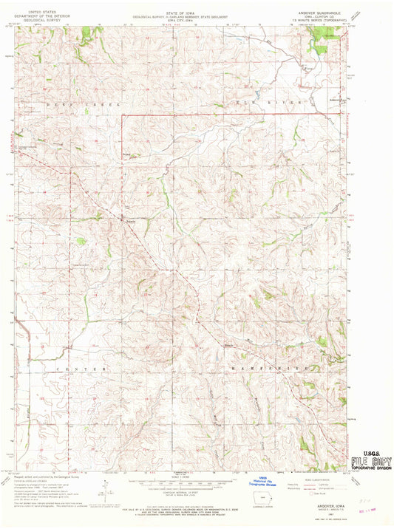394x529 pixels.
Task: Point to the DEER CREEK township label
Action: point(54,104)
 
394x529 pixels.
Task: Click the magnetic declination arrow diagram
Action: point(108,491)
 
